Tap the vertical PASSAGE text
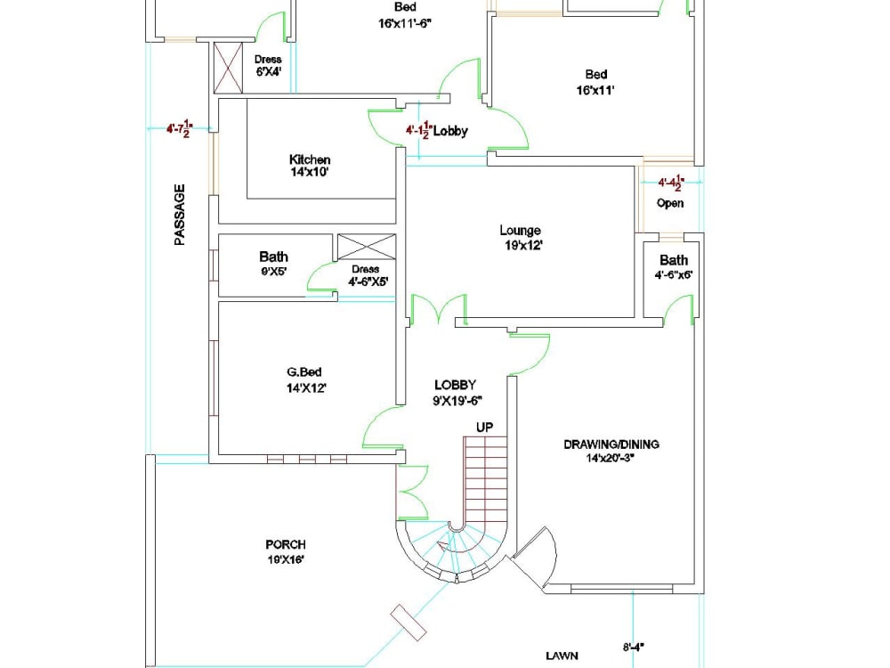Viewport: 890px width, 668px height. tap(180, 215)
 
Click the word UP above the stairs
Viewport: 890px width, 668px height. tap(484, 428)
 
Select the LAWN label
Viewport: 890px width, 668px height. tap(562, 656)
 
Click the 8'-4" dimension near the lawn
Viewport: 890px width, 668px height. tap(633, 648)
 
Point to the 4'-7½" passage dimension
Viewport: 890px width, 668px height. tap(180, 129)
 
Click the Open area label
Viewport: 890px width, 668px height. tap(670, 203)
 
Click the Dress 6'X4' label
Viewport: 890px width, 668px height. tap(268, 66)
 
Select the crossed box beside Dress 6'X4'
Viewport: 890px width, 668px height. tap(229, 65)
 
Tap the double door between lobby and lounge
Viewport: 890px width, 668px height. tap(437, 310)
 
